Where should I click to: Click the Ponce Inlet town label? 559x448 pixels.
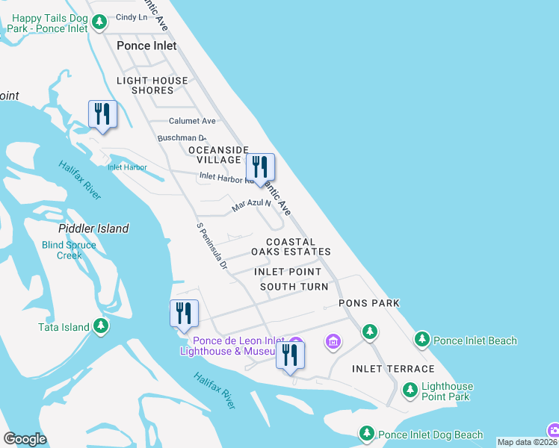coord(146,46)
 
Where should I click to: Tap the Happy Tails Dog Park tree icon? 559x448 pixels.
coord(100,24)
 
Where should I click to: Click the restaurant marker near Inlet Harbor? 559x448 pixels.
coord(103,115)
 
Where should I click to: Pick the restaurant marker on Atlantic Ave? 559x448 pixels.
coord(260,168)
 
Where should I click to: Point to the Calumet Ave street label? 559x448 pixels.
coord(192,121)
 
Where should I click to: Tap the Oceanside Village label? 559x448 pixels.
coord(219,155)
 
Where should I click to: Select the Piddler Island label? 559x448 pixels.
coord(93,228)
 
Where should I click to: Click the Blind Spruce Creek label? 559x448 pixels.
coord(69,250)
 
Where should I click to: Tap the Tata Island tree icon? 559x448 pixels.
coord(101,326)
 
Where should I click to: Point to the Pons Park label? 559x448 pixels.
coord(369,303)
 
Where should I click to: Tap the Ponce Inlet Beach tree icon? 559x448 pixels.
coord(422,340)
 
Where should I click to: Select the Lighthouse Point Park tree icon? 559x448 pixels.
coord(410,389)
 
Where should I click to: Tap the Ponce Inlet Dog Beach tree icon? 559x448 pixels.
coord(367,433)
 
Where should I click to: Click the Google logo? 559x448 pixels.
coord(25,439)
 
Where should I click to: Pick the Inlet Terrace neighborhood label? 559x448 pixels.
coord(393,369)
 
